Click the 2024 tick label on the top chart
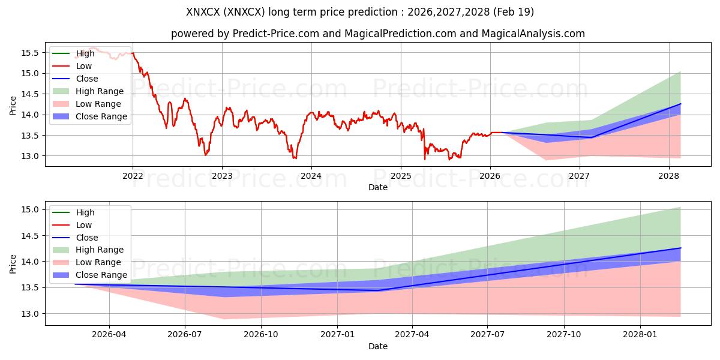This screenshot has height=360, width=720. [x=311, y=176]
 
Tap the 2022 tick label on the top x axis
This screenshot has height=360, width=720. [x=133, y=176]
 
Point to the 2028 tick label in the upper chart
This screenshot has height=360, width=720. [x=669, y=176]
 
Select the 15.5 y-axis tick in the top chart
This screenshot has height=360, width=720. [x=30, y=53]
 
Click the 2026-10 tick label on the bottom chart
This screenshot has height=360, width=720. [x=261, y=335]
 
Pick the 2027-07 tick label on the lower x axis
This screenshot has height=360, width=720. [x=487, y=335]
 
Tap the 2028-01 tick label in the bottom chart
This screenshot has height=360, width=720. [x=640, y=335]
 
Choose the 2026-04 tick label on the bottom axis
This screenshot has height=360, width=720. [x=109, y=335]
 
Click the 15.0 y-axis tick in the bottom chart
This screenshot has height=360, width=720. [x=30, y=209]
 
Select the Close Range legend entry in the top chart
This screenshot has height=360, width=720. [x=89, y=116]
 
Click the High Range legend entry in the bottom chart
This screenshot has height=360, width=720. [x=88, y=250]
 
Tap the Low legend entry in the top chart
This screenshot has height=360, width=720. [x=72, y=66]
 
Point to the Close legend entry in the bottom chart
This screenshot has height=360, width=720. [x=75, y=238]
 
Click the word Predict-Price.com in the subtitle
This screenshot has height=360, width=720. [x=276, y=34]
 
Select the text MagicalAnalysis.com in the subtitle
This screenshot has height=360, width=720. [x=533, y=34]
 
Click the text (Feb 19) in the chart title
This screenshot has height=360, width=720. [x=514, y=12]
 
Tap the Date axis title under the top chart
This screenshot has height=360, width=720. [x=377, y=187]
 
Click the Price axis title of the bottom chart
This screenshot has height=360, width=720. [x=13, y=264]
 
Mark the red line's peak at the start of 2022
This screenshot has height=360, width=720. [x=133, y=53]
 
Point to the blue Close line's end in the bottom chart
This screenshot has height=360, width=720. [x=680, y=248]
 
